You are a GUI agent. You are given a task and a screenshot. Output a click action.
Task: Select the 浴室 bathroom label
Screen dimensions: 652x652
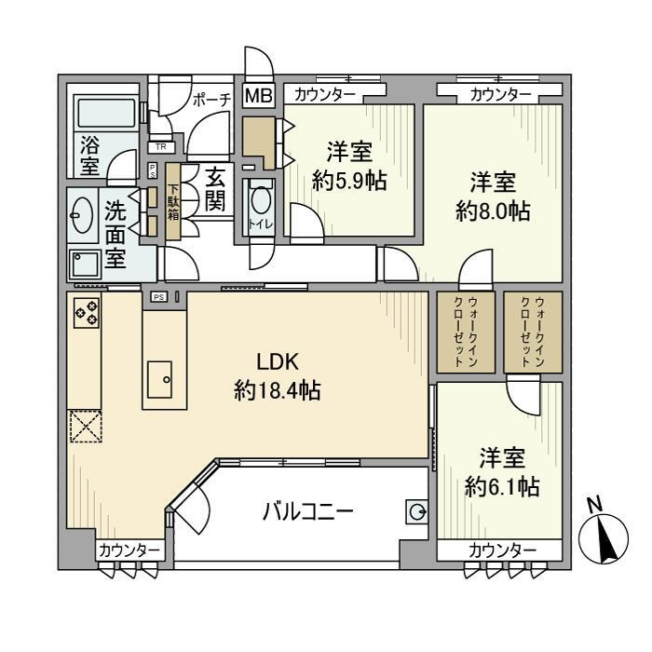click(89, 156)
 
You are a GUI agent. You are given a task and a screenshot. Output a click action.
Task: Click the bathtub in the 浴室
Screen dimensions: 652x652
click(104, 115)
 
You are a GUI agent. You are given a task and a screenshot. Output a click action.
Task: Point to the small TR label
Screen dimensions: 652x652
click(161, 146)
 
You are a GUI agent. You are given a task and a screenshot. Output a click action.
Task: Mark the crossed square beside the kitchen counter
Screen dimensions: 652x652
click(85, 428)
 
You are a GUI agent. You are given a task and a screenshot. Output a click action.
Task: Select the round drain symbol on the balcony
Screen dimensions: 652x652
click(416, 510)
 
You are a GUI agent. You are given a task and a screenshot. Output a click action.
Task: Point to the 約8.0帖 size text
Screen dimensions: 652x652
click(493, 212)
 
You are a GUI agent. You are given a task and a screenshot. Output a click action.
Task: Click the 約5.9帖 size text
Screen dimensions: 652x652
click(349, 183)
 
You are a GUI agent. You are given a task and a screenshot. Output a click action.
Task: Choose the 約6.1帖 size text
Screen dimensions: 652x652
click(502, 485)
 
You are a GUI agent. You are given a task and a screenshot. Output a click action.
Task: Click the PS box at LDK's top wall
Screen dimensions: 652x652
click(158, 297)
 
